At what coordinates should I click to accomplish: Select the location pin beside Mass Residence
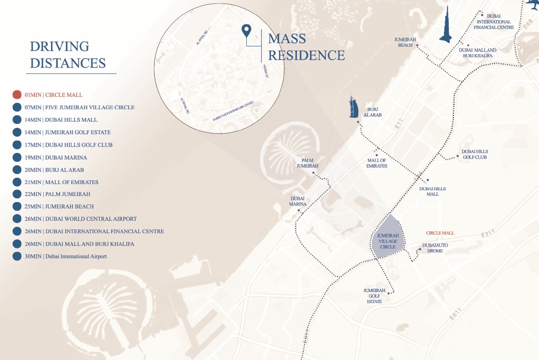pos(246,31)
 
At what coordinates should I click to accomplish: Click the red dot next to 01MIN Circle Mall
pos(17,95)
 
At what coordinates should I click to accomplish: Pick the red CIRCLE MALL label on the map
pos(440,233)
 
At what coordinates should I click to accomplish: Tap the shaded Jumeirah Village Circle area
pos(387,239)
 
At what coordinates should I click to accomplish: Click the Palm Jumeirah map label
pos(307,163)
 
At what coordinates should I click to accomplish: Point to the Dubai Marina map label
pos(298,202)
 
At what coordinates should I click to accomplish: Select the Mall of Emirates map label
pos(377,163)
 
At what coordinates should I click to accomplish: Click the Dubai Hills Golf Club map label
pos(475,154)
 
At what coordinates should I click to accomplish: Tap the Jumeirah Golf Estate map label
pos(374,296)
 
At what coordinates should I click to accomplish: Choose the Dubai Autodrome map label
pos(435,248)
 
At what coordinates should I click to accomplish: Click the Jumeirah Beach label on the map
pos(405,42)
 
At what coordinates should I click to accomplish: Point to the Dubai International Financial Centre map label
pos(494,22)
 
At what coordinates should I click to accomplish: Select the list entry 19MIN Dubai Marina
pos(56,157)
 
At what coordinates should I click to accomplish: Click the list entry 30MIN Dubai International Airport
pos(66,256)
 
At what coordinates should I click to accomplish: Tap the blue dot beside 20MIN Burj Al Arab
pos(17,169)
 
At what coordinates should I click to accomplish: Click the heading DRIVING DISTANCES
pos(68,54)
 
